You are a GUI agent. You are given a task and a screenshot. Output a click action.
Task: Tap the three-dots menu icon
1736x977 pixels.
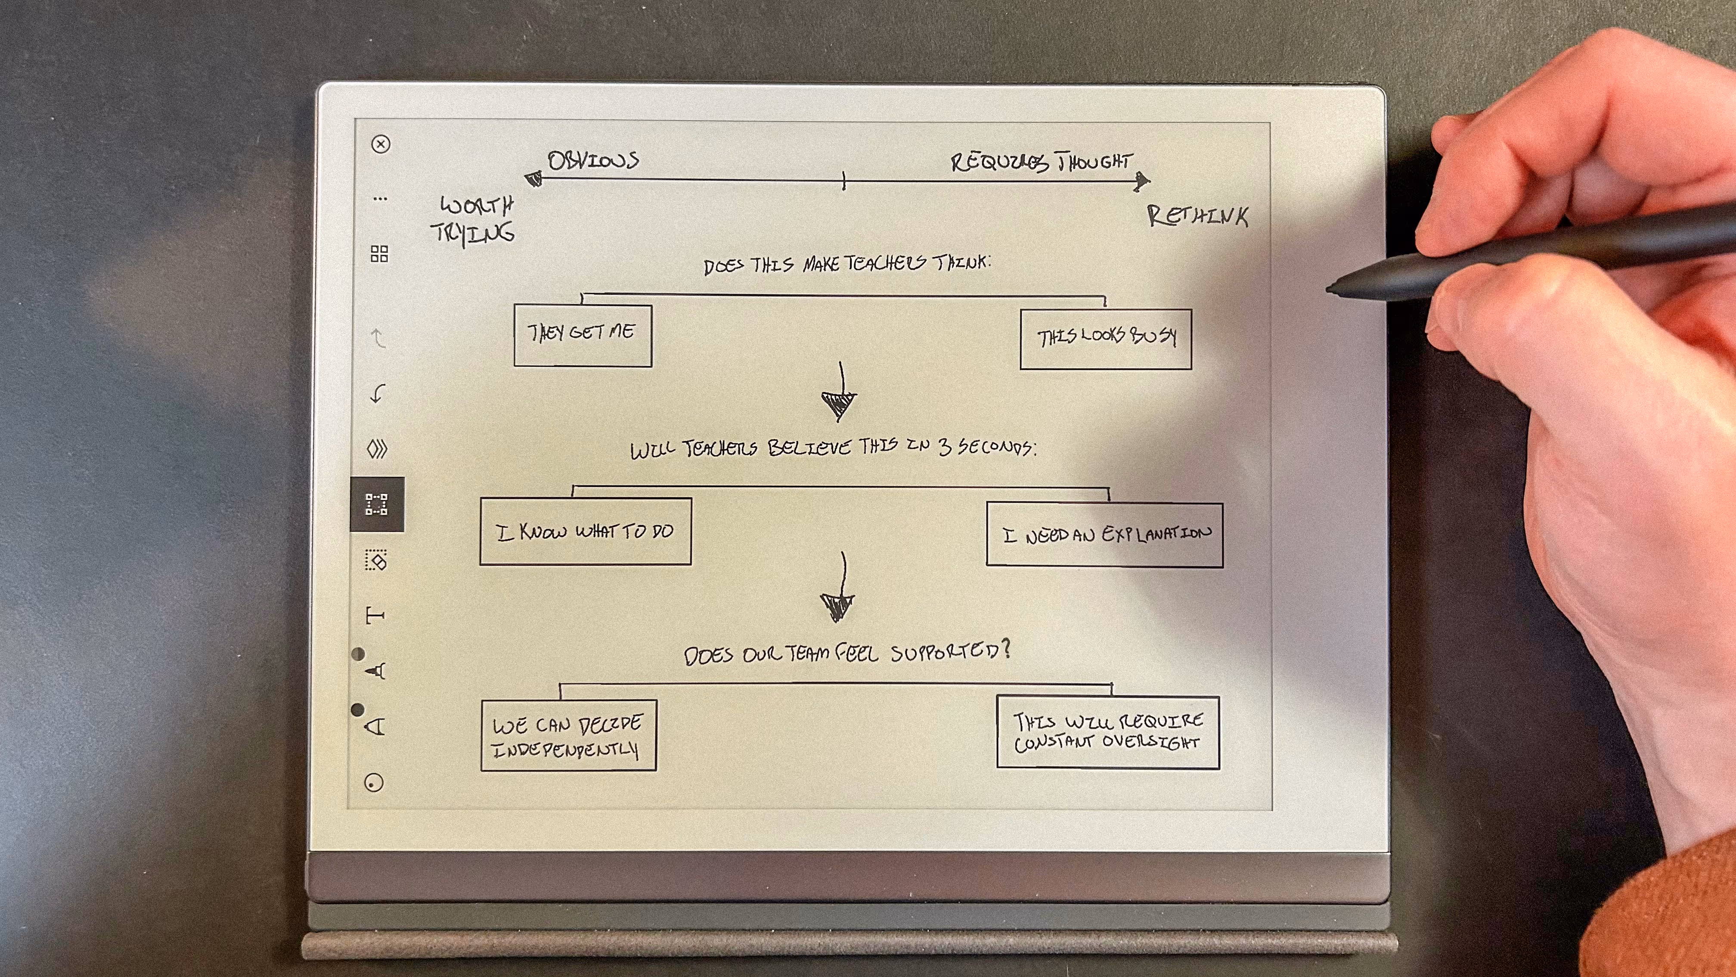point(380,199)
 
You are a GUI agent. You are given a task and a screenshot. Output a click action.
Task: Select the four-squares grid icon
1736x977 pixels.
point(379,254)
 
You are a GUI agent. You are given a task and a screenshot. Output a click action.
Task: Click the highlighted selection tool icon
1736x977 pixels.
point(377,504)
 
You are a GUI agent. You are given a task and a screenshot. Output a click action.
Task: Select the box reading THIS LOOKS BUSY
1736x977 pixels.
point(1105,339)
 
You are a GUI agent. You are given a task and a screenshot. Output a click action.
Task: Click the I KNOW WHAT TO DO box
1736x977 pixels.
point(585,531)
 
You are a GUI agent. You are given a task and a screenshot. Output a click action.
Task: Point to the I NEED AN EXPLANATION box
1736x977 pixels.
point(1104,535)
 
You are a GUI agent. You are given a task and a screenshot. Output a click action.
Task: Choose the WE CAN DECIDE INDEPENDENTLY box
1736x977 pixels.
point(568,735)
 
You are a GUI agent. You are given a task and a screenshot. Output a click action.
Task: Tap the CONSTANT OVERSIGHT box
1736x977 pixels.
point(1108,732)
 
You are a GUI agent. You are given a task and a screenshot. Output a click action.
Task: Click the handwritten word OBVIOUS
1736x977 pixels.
point(593,161)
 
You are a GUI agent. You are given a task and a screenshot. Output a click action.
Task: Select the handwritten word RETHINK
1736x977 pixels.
point(1197,216)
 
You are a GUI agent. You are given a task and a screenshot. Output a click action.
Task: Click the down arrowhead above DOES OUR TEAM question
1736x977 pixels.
point(837,606)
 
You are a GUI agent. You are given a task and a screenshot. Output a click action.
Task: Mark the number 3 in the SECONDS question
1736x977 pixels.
point(945,448)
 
